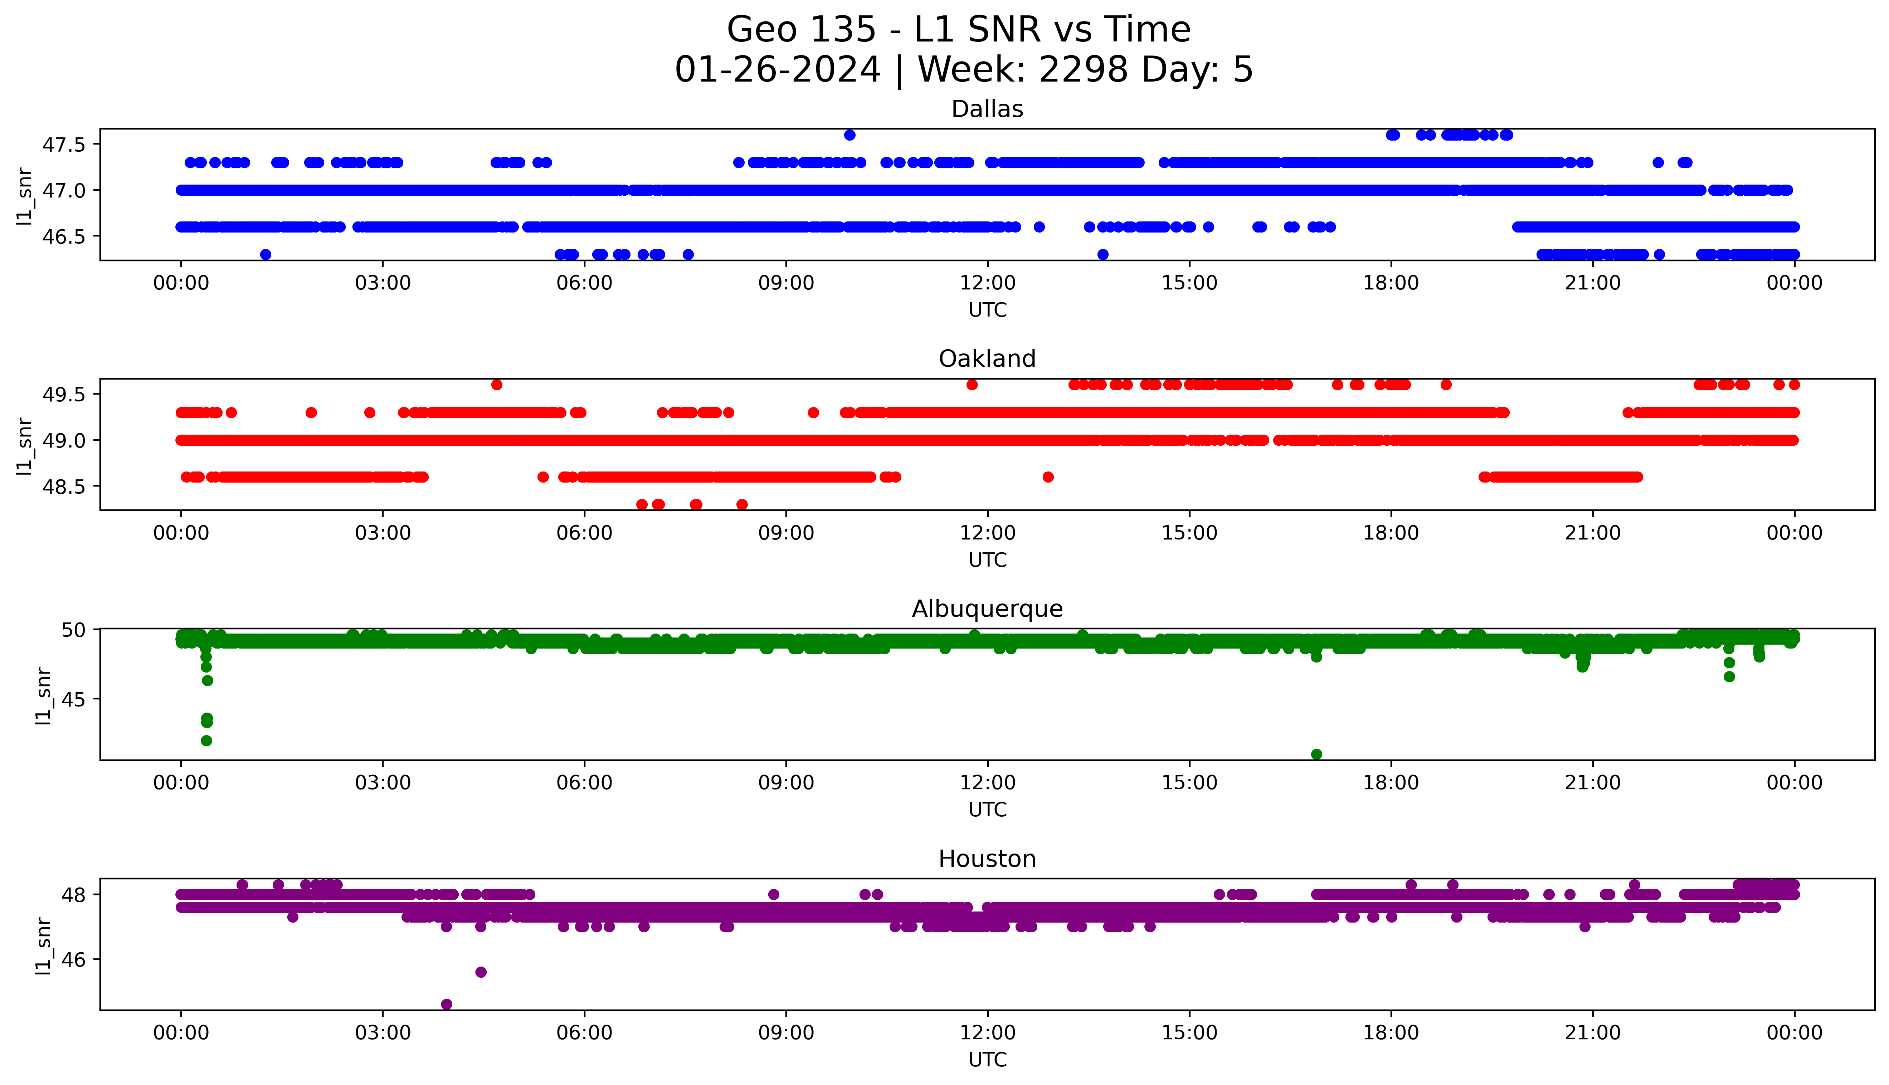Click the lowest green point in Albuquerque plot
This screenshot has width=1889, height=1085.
1316,754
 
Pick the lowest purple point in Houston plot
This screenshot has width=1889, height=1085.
446,1004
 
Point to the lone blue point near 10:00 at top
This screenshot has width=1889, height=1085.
849,135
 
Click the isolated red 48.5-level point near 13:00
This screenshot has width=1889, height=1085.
1048,477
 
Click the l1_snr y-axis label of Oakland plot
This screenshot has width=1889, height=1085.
25,446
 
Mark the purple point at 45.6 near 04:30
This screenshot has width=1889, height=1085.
481,972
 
